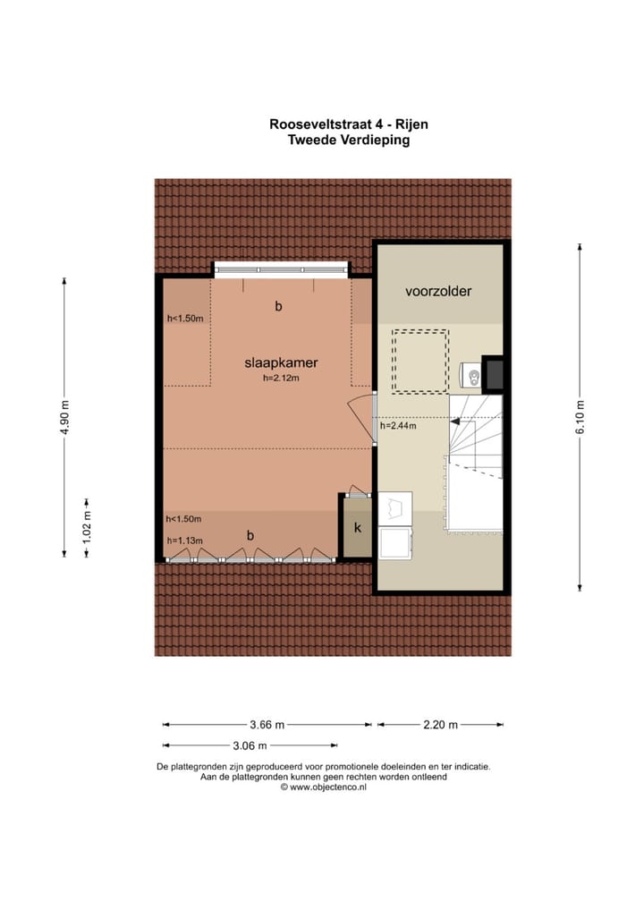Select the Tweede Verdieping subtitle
pos(348,140)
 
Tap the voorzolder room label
pos(437,291)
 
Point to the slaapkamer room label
pos(282,363)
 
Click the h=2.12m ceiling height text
pos(281,379)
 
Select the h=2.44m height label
pos(398,426)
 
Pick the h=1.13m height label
pos(185,541)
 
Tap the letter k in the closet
pos(357,528)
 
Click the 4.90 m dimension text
pos(64,417)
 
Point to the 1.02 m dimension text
pos(87,529)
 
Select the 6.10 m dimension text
pos(580,417)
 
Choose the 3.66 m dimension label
pos(267,725)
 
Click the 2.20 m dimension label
pos(439,725)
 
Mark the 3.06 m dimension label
pos(250,745)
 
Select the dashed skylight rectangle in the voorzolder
pos(419,361)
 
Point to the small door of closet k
pos(358,491)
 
